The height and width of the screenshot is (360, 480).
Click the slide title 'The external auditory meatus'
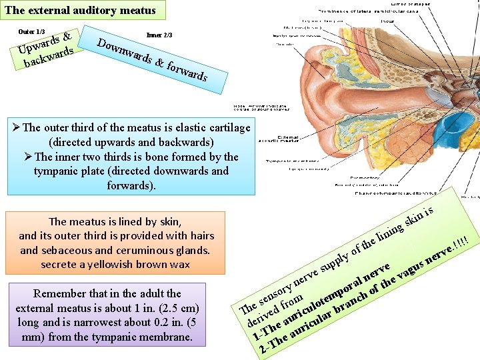[80, 10]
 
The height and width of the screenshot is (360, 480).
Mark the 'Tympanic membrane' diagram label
[289, 161]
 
